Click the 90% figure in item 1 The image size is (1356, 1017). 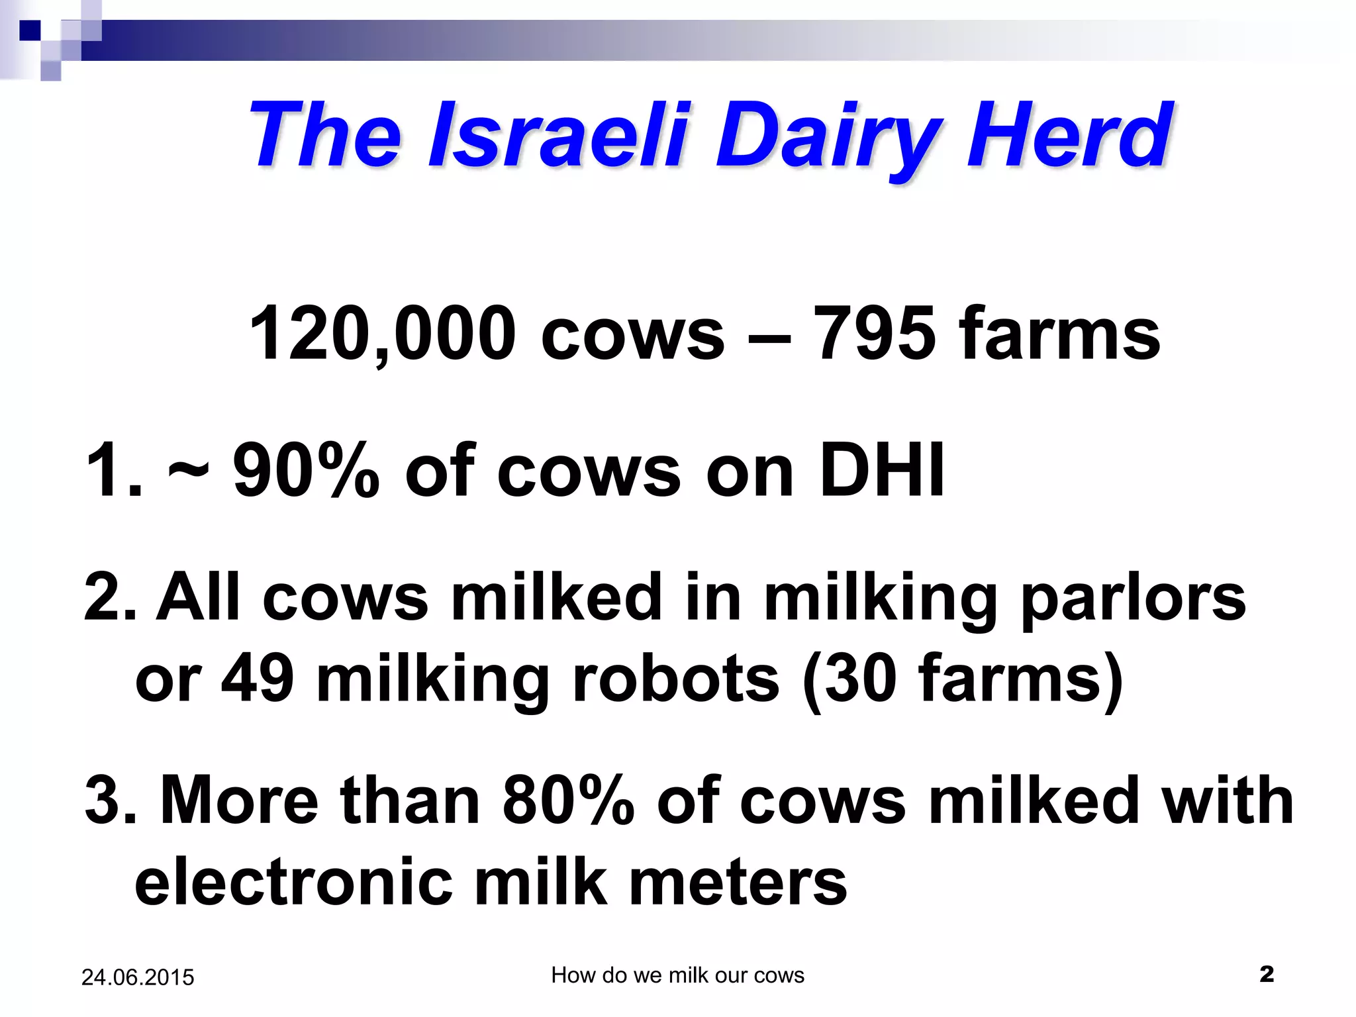point(306,470)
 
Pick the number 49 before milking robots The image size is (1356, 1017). point(258,679)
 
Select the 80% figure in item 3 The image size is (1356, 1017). point(568,801)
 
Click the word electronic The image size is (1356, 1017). point(294,882)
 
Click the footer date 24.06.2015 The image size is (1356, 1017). point(138,977)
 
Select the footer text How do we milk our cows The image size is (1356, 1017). point(677,975)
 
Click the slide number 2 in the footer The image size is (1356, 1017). point(1266,974)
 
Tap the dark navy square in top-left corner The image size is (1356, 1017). point(30,30)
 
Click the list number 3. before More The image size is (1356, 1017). point(110,801)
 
